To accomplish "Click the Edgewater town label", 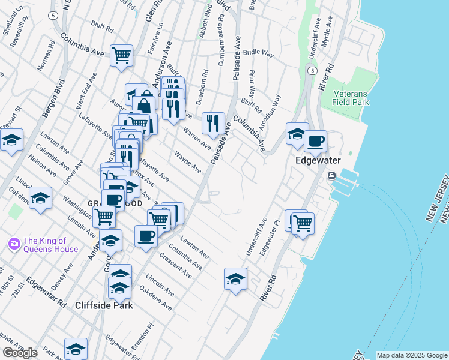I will [318, 161].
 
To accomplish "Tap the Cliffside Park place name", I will [104, 305].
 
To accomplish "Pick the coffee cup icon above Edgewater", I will [315, 142].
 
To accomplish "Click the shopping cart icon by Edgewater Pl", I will [303, 223].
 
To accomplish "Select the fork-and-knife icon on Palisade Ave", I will [213, 124].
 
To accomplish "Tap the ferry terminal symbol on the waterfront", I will [331, 176].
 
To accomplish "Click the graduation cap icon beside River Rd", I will [235, 279].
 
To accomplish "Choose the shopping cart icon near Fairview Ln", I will [121, 56].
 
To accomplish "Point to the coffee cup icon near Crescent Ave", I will [146, 236].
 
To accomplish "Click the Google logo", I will [20, 352].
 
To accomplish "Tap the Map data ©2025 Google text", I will [412, 355].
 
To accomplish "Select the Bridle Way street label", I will [258, 53].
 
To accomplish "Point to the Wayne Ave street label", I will [188, 162].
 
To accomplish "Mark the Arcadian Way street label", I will [270, 109].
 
